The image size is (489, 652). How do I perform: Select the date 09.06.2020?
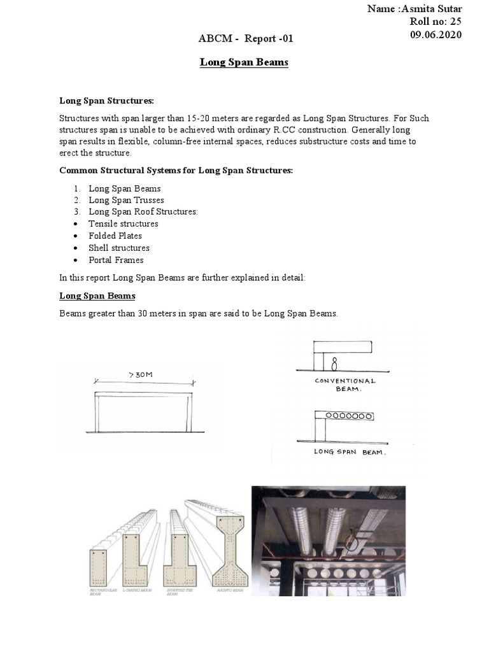(x=437, y=34)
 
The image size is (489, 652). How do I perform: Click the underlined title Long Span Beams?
(x=244, y=62)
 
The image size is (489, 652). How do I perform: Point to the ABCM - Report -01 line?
(x=246, y=40)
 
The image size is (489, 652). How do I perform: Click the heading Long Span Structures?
(x=107, y=101)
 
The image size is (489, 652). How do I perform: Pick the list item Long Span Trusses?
(x=126, y=200)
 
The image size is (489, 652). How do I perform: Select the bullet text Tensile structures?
(x=123, y=224)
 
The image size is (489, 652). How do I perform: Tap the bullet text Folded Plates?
(x=115, y=236)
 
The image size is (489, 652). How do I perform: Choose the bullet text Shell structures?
(x=119, y=248)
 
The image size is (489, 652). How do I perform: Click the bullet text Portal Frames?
(x=116, y=260)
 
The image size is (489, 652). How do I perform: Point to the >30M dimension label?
(x=141, y=375)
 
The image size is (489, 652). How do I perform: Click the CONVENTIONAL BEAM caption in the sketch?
(x=346, y=385)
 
